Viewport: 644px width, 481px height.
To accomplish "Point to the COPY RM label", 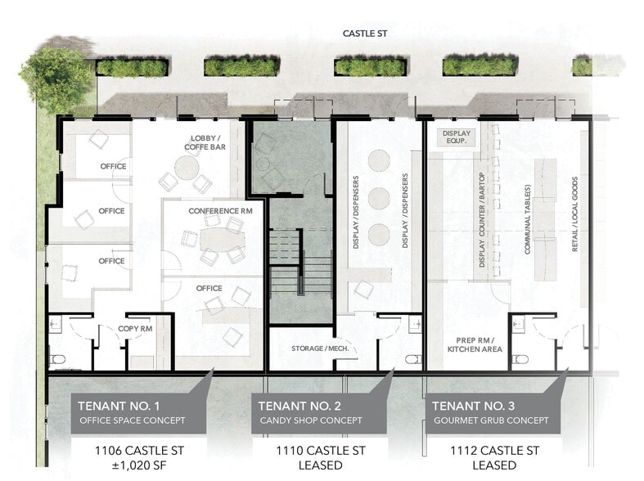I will tap(137, 329).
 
